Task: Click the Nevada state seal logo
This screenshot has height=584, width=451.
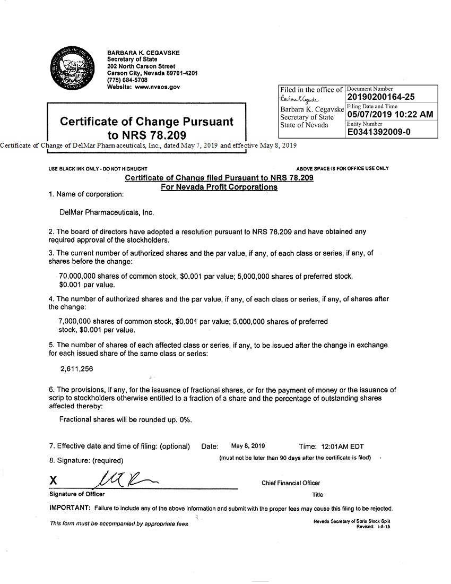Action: pos(74,69)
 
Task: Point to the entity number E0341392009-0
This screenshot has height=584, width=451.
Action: pos(379,132)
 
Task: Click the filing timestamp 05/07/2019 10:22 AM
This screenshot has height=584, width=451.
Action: pos(390,114)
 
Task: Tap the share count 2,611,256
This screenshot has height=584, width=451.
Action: pos(77,368)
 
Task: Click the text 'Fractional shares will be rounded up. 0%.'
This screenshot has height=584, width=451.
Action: pos(125,419)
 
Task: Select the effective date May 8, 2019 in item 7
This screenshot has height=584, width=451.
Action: pos(248,446)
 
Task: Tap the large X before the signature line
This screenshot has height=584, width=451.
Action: pos(53,481)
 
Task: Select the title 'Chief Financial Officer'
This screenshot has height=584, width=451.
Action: pos(291,483)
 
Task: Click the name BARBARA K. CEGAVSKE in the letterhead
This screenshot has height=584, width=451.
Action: pos(143,53)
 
